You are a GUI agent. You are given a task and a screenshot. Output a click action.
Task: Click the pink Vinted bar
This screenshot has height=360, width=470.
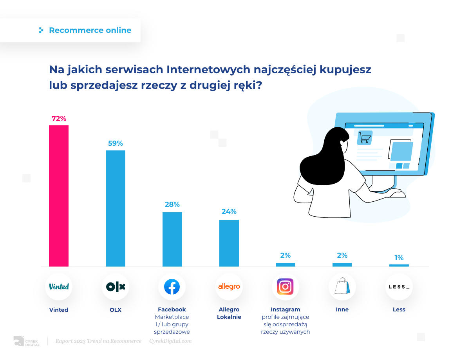59,196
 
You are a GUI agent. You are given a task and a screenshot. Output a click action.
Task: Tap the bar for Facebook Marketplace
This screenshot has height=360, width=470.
172,239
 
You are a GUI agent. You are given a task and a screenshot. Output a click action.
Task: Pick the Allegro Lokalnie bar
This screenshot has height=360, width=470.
229,243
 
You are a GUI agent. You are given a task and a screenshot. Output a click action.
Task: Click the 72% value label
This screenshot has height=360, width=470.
59,119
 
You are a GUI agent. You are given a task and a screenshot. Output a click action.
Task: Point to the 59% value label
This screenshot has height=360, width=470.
116,143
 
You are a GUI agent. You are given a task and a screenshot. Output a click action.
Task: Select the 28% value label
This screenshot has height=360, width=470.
172,204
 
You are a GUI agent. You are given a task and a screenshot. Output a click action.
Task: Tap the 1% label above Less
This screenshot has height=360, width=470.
399,258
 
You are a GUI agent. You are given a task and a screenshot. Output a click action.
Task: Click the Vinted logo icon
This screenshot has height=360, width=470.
59,287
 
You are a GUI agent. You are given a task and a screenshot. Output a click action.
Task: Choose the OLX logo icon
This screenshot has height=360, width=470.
116,287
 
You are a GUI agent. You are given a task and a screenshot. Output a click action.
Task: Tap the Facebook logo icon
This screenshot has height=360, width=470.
172,287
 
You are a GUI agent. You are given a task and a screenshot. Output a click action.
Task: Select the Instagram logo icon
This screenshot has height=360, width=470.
286,287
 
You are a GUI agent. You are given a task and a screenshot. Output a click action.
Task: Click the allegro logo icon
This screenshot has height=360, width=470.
229,287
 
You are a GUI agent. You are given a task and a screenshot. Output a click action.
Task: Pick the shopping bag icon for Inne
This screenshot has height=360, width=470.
342,286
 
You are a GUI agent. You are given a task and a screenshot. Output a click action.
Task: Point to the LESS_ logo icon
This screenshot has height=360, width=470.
399,287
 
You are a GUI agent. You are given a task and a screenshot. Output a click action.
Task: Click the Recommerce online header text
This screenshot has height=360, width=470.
90,31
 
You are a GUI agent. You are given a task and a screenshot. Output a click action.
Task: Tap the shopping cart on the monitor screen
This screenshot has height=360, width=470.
365,138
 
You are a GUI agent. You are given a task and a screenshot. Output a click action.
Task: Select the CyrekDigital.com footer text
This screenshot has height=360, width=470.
170,341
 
